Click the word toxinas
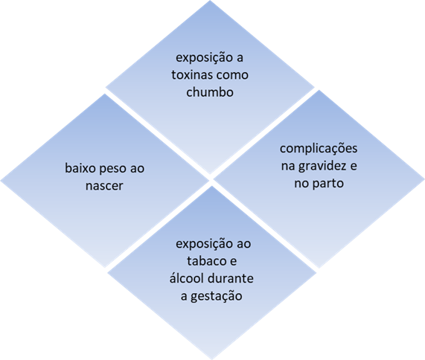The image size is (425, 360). point(191,75)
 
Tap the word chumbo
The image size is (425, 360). point(210,92)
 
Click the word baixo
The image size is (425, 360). point(81,168)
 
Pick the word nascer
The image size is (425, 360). point(104,186)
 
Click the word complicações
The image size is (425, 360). point(319,149)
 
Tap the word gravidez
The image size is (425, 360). point(322,167)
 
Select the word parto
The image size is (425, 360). point(328,184)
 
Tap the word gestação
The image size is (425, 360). point(217,296)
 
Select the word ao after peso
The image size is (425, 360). point(137,169)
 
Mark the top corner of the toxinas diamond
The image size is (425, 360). point(210,1)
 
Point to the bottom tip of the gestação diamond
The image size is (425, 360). point(212,359)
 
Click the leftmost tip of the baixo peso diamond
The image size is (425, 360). point(1,181)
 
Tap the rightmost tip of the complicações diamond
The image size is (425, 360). point(424,179)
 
